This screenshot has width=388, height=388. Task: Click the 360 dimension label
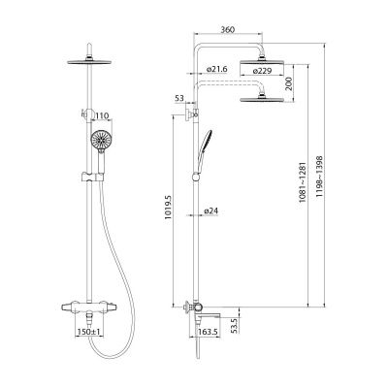tap(228, 29)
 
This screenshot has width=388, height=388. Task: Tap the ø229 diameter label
tap(262, 71)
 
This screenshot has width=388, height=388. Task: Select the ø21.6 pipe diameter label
tap(216, 69)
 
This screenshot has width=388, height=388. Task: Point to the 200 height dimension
tap(289, 83)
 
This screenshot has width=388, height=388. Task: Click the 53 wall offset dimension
tap(179, 99)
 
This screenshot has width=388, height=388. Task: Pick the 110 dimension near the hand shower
tap(102, 115)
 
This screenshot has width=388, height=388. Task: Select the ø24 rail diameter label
tap(211, 210)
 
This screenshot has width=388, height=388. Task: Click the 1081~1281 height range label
tap(302, 182)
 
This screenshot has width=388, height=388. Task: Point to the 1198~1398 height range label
tap(320, 177)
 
